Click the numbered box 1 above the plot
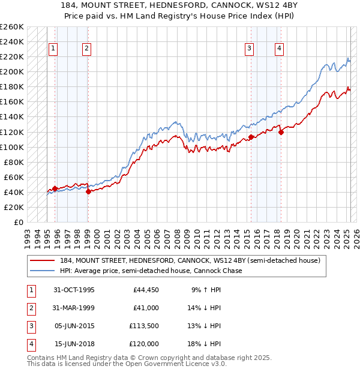click(x=53, y=49)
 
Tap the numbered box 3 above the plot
click(x=249, y=49)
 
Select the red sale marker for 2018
click(x=280, y=132)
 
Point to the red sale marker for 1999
click(x=88, y=191)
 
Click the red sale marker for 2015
click(x=250, y=137)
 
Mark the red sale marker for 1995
click(x=55, y=188)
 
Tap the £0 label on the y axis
click(x=17, y=222)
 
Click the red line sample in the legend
click(x=43, y=260)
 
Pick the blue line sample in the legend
click(x=43, y=271)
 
